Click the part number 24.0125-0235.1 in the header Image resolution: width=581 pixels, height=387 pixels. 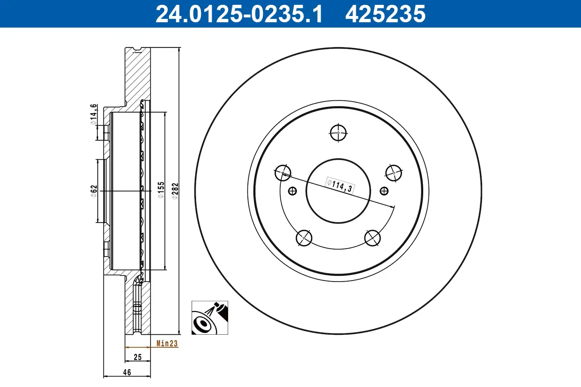tap(238, 14)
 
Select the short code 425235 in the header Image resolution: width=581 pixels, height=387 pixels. tap(385, 14)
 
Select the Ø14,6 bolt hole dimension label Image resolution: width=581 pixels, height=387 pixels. tap(94, 115)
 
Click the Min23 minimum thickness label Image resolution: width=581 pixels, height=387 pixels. tap(168, 344)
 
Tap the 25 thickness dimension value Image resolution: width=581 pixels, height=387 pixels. tap(137, 357)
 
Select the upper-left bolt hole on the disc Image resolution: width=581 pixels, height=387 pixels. tap(283, 172)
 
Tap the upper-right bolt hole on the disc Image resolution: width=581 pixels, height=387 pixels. tap(394, 172)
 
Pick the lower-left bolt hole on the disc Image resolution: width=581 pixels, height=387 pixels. tap(304, 238)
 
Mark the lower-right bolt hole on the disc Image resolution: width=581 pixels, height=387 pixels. tap(373, 238)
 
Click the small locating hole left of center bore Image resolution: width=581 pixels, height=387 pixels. tap(292, 191)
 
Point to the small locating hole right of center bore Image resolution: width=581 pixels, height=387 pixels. tap(384, 191)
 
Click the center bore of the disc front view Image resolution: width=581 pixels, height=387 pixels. tap(338, 191)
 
